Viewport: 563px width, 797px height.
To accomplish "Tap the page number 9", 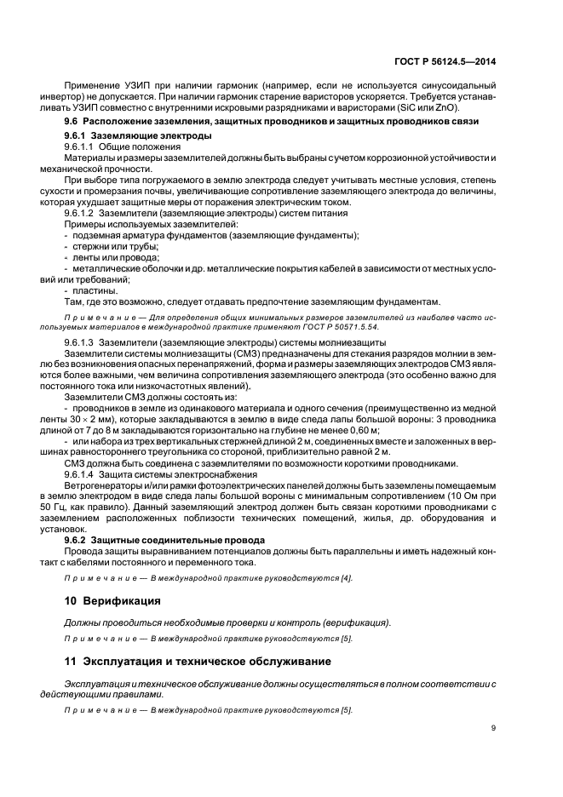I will [x=495, y=727].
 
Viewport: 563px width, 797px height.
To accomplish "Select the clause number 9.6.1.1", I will [x=82, y=147].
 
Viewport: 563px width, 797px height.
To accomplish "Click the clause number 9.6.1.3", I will [x=82, y=341].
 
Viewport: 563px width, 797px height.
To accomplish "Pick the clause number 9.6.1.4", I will [x=82, y=473].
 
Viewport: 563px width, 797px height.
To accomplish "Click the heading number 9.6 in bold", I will [x=72, y=123].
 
